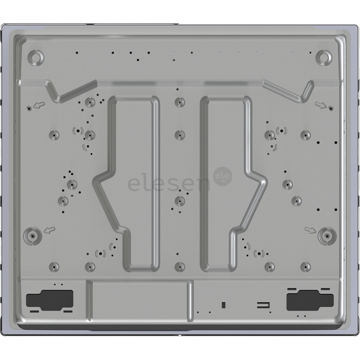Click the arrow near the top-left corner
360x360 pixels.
39,106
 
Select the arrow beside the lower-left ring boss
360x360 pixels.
49,230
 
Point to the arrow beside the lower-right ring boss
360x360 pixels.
310,230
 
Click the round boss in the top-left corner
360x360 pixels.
36,57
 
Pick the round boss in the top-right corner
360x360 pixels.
324,57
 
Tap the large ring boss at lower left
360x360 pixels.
32,236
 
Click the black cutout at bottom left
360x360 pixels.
50,299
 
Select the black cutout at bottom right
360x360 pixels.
310,298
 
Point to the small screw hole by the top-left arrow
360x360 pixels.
29,108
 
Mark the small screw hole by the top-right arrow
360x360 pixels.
330,108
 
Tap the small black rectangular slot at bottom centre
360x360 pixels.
223,305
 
